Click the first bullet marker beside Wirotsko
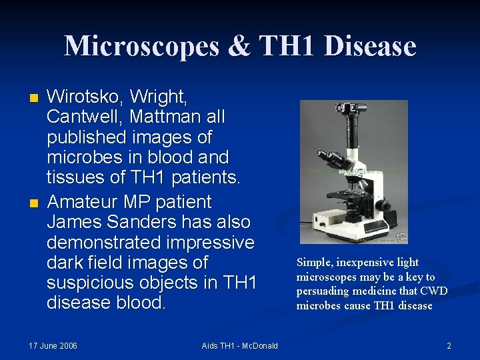[35, 98]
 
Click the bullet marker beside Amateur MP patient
[35, 202]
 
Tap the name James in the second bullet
[75, 221]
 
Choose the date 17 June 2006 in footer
[53, 345]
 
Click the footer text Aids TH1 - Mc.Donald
[240, 345]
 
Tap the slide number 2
[449, 345]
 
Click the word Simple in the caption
[317, 262]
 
